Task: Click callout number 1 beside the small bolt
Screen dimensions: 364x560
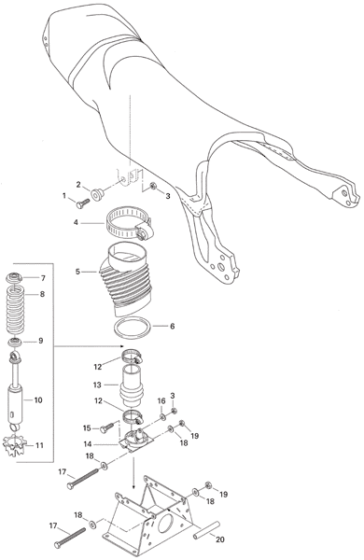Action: click(x=64, y=195)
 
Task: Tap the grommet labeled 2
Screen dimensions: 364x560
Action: click(x=97, y=195)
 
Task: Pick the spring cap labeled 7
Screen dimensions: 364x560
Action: click(x=15, y=277)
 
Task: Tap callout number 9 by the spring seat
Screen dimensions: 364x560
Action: click(x=40, y=341)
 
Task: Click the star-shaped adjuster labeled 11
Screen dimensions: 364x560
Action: click(x=14, y=444)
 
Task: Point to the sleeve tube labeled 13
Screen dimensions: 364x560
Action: click(x=132, y=385)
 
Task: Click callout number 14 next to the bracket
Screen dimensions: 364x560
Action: click(x=88, y=444)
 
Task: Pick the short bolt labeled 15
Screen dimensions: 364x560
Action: click(x=107, y=427)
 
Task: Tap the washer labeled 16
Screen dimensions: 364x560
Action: click(x=163, y=416)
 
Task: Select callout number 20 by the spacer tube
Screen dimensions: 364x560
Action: click(x=220, y=539)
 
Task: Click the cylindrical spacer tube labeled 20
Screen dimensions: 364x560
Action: click(x=205, y=531)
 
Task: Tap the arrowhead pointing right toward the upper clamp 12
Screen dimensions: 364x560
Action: click(x=121, y=346)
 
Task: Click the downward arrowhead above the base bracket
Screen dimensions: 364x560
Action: click(x=133, y=486)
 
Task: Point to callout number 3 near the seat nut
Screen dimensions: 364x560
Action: click(x=167, y=196)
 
